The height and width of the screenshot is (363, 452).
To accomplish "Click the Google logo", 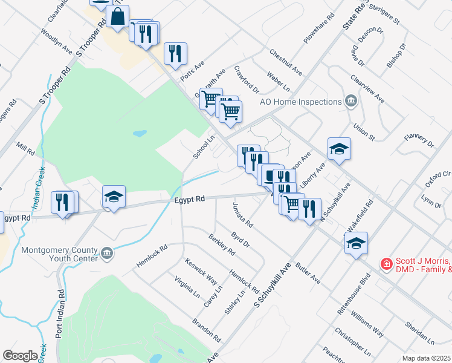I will (x=20, y=356).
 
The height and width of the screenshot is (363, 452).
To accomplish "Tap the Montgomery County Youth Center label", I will (x=59, y=254).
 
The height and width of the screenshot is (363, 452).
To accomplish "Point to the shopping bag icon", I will (x=118, y=18).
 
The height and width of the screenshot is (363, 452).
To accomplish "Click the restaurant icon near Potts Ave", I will (x=175, y=53).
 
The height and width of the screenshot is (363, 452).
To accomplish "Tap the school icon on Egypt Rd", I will (x=114, y=197).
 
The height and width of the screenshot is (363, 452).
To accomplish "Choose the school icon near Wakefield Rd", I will (x=356, y=244).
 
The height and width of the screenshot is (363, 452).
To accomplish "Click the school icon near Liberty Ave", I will (x=339, y=149).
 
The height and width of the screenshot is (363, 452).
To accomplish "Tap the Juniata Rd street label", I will (x=242, y=215).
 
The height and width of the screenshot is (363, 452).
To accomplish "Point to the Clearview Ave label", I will (x=367, y=88).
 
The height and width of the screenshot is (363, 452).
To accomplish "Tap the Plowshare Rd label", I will (x=319, y=28).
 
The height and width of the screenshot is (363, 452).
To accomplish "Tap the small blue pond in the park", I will (x=140, y=132).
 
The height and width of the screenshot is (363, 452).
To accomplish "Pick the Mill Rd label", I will (x=27, y=148).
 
